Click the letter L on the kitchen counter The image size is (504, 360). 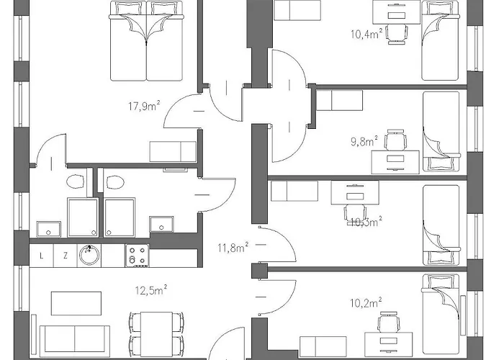[x=42, y=255]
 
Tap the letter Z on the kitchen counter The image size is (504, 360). [x=65, y=255]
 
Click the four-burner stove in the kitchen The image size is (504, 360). [x=137, y=254]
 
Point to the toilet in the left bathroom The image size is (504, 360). [x=76, y=183]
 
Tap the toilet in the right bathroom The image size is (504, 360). [x=112, y=183]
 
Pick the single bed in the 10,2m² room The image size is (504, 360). [x=441, y=310]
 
